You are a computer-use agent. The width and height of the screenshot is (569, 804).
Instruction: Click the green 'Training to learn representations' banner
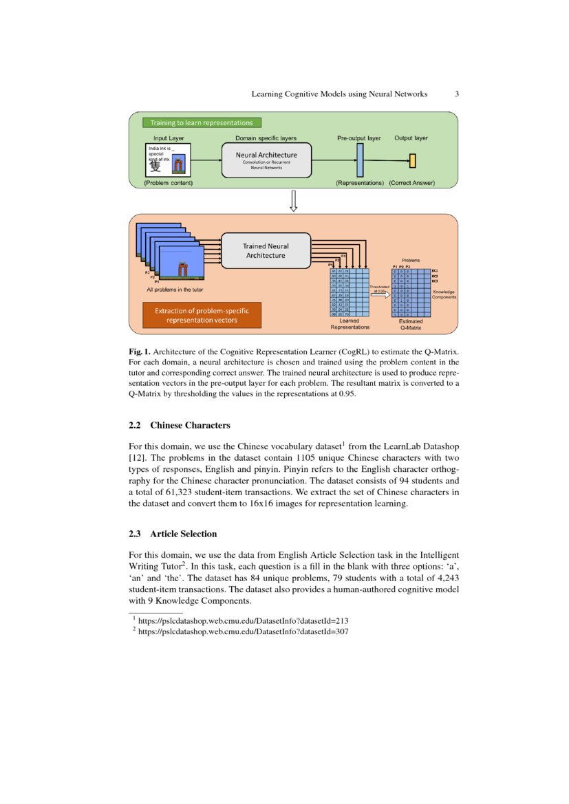pyautogui.click(x=202, y=123)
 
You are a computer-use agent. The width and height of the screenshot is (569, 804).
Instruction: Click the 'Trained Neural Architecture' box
pyautogui.click(x=266, y=250)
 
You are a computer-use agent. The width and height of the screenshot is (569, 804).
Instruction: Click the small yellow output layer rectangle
pyautogui.click(x=412, y=161)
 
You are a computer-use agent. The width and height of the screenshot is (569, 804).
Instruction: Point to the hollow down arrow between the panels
pyautogui.click(x=293, y=201)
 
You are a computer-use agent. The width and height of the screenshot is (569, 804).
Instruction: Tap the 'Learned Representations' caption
pyautogui.click(x=350, y=324)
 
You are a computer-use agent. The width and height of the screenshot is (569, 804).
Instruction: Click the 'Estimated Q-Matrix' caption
pyautogui.click(x=411, y=324)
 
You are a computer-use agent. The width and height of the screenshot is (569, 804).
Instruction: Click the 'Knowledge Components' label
pyautogui.click(x=444, y=294)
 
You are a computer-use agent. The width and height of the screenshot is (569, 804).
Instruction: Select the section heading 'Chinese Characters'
pyautogui.click(x=190, y=425)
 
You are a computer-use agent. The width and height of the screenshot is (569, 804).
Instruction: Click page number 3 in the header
pyautogui.click(x=458, y=94)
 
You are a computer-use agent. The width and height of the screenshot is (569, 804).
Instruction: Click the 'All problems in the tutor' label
pyautogui.click(x=175, y=290)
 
